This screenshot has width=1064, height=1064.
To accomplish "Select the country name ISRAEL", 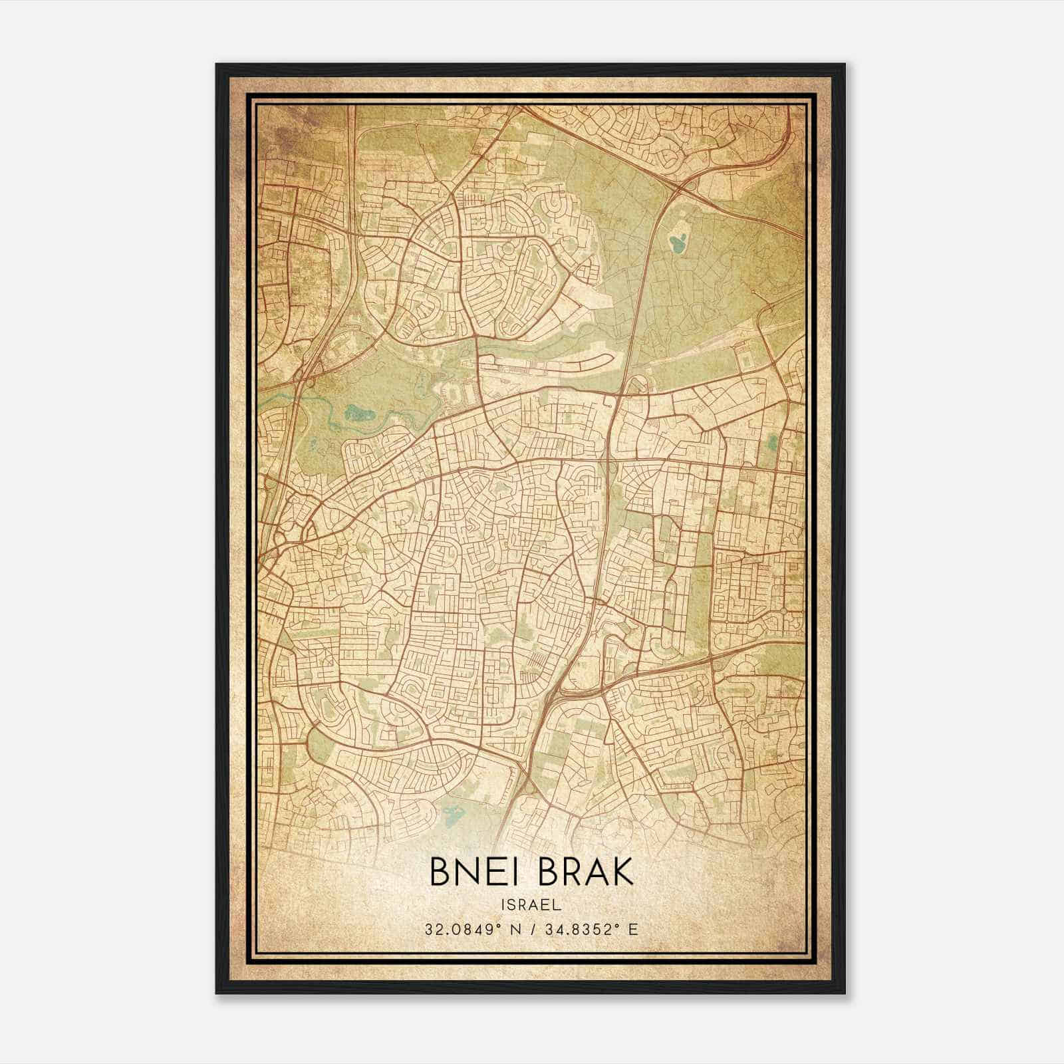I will point(531,904).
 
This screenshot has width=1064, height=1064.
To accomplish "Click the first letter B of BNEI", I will point(440,872).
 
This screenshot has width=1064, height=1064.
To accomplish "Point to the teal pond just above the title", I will point(453,812).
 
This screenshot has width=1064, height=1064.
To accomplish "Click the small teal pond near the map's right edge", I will point(771,442).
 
